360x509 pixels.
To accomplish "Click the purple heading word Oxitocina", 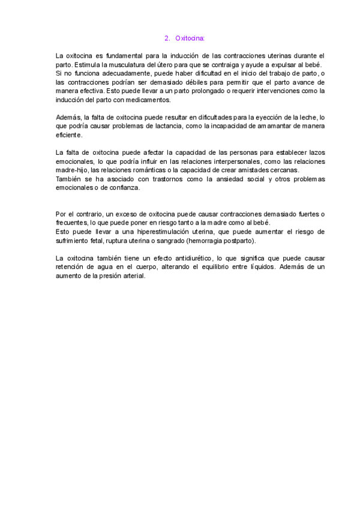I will tap(190, 38).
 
